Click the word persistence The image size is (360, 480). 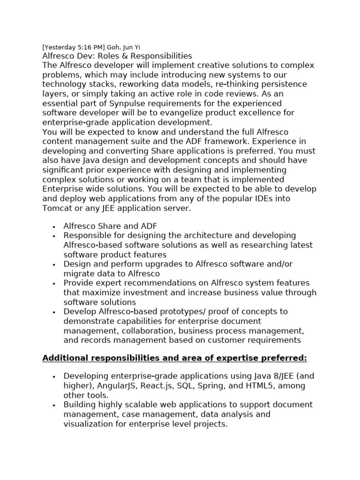[x=281, y=84]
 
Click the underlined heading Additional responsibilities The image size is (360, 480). [x=174, y=358]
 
